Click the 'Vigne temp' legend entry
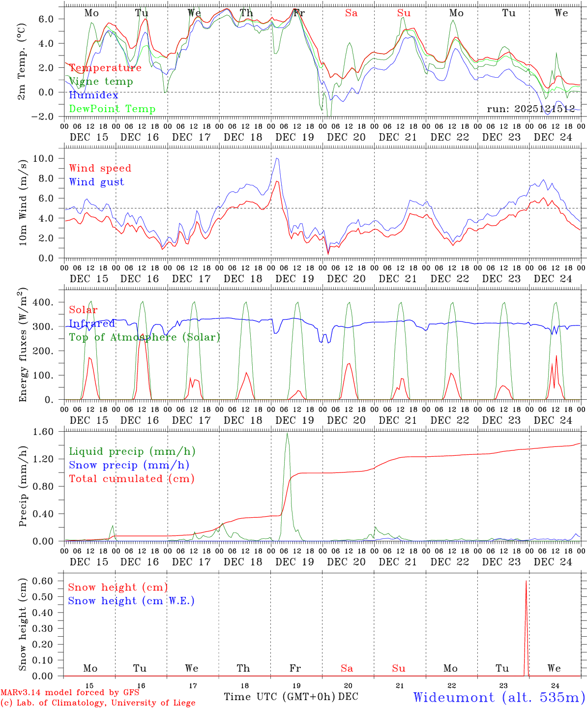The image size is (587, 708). click(x=101, y=82)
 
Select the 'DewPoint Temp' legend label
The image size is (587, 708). click(x=112, y=109)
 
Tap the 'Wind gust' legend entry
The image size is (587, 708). click(x=96, y=182)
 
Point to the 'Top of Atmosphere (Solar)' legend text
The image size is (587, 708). click(x=145, y=337)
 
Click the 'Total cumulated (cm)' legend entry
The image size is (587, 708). click(x=132, y=478)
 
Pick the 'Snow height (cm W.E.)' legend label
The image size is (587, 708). click(x=131, y=601)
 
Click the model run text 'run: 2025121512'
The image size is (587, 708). click(x=530, y=109)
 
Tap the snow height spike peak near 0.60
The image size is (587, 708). click(x=526, y=581)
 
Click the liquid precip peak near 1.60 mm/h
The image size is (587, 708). click(x=287, y=433)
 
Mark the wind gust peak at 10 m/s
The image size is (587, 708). click(x=277, y=158)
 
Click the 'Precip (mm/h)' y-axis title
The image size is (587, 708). click(x=23, y=487)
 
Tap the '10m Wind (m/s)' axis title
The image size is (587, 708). click(x=23, y=202)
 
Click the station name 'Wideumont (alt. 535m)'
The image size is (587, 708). click(x=499, y=697)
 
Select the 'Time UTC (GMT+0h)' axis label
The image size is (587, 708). click(x=280, y=697)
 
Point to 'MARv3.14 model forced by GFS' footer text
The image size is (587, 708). click(x=70, y=693)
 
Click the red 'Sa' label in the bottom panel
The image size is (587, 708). click(x=347, y=668)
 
